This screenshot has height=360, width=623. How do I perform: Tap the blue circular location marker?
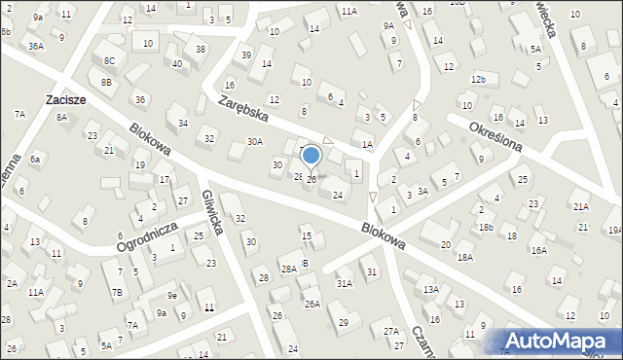pyautogui.click(x=311, y=155)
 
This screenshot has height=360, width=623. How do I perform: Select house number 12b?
pyautogui.click(x=477, y=78)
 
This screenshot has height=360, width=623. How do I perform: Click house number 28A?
pyautogui.click(x=288, y=269)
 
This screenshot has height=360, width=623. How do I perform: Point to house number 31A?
pyautogui.click(x=344, y=283)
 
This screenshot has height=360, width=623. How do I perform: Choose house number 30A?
pyautogui.click(x=254, y=141)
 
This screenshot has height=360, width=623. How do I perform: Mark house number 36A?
pyautogui.click(x=36, y=46)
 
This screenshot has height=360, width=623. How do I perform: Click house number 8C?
pyautogui.click(x=109, y=61)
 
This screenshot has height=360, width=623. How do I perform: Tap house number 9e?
pyautogui.click(x=171, y=296)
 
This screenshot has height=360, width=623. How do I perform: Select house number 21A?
pyautogui.click(x=580, y=206)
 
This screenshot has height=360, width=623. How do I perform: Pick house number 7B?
pyautogui.click(x=117, y=292)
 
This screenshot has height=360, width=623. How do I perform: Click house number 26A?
pyautogui.click(x=311, y=304)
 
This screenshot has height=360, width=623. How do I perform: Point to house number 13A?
pyautogui.click(x=430, y=290)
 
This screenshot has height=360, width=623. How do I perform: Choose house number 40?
pyautogui.click(x=176, y=64)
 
